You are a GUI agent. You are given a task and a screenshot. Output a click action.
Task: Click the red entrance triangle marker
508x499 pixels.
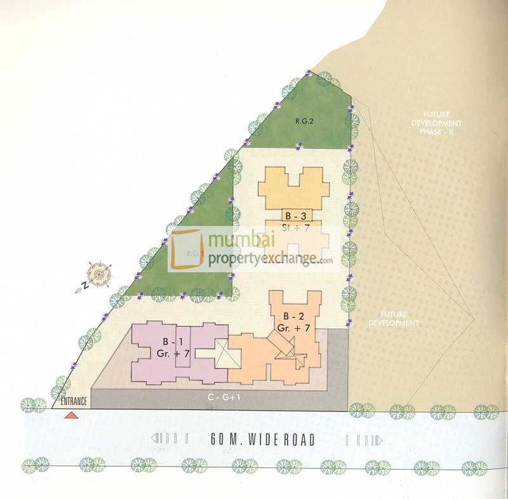(x=72, y=415)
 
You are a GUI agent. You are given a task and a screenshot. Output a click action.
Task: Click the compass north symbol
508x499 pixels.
(x=98, y=274)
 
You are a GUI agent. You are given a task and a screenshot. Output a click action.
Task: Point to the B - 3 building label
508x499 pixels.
(x=294, y=216)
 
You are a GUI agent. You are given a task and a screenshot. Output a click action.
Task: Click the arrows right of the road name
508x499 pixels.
(x=363, y=440)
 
